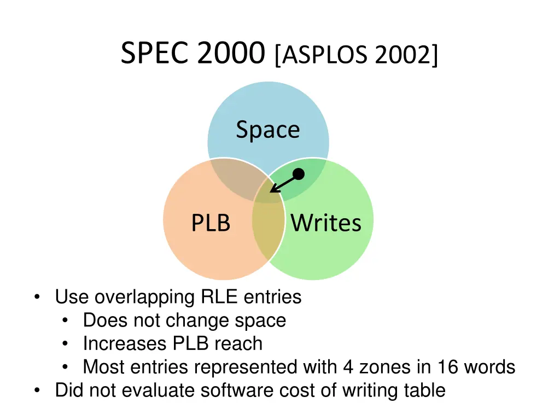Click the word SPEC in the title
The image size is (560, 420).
(x=155, y=54)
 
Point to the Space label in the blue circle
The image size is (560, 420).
(x=268, y=130)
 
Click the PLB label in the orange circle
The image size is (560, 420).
(x=211, y=223)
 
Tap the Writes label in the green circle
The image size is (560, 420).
(x=326, y=223)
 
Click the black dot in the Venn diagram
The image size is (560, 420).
(x=298, y=174)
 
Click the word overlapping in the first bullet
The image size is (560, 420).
(x=144, y=297)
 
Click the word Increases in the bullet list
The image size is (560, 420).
(x=125, y=344)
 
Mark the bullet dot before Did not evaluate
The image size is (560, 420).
(x=36, y=390)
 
